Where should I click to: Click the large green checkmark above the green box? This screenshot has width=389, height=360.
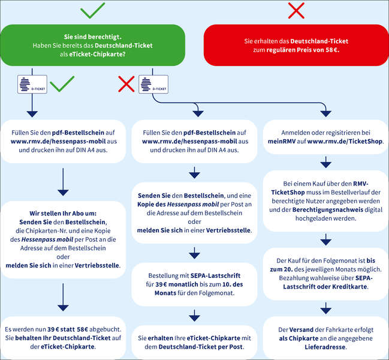[92, 11]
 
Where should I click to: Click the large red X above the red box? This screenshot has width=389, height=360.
[296, 10]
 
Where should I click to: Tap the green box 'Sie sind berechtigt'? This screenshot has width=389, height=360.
[93, 45]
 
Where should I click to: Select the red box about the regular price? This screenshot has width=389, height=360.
[296, 45]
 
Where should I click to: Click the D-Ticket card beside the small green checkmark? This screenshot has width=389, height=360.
[32, 85]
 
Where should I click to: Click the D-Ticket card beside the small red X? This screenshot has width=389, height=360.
[153, 85]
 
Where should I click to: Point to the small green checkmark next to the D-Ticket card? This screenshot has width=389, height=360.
[62, 84]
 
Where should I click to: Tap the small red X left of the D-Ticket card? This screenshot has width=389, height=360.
[126, 84]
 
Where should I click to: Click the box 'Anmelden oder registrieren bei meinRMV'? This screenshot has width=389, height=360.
[325, 137]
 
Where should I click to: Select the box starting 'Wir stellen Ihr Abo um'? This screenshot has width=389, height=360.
[63, 239]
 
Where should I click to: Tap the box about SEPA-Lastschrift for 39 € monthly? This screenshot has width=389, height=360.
[194, 284]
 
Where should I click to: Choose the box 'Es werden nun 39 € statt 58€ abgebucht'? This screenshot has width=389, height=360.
[63, 338]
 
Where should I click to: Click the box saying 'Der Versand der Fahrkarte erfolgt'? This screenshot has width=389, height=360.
[325, 338]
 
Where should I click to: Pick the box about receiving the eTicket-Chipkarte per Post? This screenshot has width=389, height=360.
[194, 343]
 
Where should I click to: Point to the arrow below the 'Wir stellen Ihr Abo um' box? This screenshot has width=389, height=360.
[63, 297]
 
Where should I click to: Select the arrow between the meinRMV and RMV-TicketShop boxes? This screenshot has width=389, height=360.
[325, 162]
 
